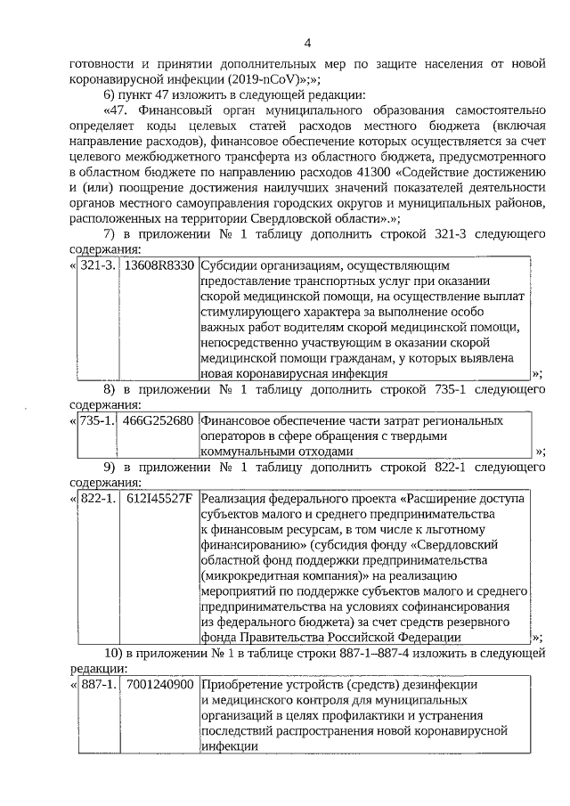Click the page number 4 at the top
pyautogui.click(x=307, y=43)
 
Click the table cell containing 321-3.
pyautogui.click(x=96, y=265)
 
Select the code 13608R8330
pyautogui.click(x=159, y=265)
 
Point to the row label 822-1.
pyautogui.click(x=96, y=498)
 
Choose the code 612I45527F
pyautogui.click(x=160, y=498)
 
